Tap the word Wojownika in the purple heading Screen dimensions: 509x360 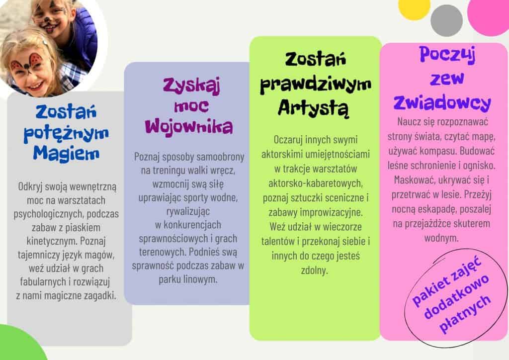(189, 126)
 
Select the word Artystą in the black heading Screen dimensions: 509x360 (314, 108)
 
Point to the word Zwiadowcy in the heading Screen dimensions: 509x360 (442, 102)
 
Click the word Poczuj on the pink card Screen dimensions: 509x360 (447, 55)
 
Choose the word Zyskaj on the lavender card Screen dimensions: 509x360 (191, 86)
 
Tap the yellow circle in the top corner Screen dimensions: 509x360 (414, 8)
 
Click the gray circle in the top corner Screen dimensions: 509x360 (447, 20)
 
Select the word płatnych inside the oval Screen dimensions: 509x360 (465, 314)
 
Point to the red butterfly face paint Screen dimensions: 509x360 (27, 64)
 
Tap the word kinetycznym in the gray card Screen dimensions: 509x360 (51, 241)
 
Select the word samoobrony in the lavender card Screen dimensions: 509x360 (220, 157)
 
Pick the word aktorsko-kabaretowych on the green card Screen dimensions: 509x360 (315, 183)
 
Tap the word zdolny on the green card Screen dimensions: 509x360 (315, 270)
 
